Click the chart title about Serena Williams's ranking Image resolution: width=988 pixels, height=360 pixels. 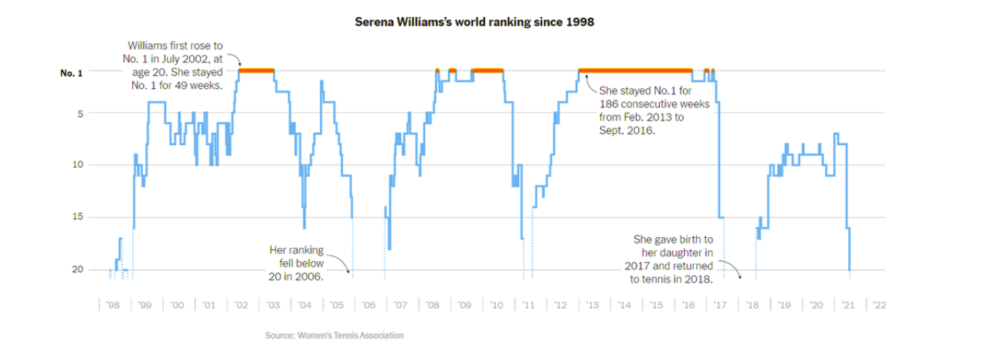tap(474, 22)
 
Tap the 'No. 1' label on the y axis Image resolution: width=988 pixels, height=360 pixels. tap(71, 73)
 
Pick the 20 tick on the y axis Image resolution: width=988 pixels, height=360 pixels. tap(76, 269)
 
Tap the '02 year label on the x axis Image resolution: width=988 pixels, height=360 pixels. tap(241, 305)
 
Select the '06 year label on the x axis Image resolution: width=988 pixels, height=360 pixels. tap(368, 305)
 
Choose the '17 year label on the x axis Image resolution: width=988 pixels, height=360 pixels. tap(720, 305)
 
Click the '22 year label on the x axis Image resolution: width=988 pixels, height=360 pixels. tap(879, 305)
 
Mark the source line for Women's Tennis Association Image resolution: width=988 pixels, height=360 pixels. tap(334, 335)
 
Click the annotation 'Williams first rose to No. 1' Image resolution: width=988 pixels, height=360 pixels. tap(175, 66)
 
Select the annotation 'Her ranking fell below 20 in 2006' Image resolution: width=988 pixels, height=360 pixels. tap(296, 263)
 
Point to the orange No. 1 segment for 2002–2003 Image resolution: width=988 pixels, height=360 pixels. tap(256, 70)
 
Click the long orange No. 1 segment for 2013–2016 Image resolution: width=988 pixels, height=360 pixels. tap(635, 70)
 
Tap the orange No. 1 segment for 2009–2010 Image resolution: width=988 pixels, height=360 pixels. tap(487, 70)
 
